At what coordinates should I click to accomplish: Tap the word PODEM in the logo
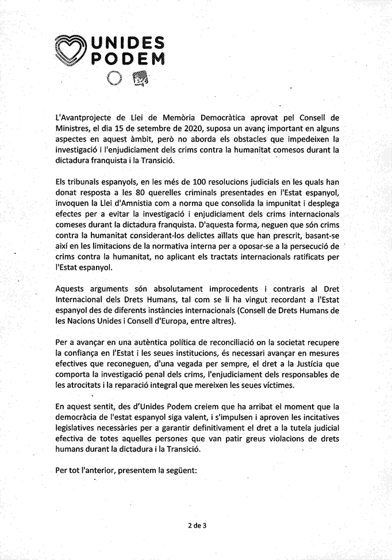[128, 59]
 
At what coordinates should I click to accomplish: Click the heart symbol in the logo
[71, 50]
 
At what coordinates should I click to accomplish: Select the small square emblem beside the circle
[140, 78]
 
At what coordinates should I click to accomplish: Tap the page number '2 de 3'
[196, 525]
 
